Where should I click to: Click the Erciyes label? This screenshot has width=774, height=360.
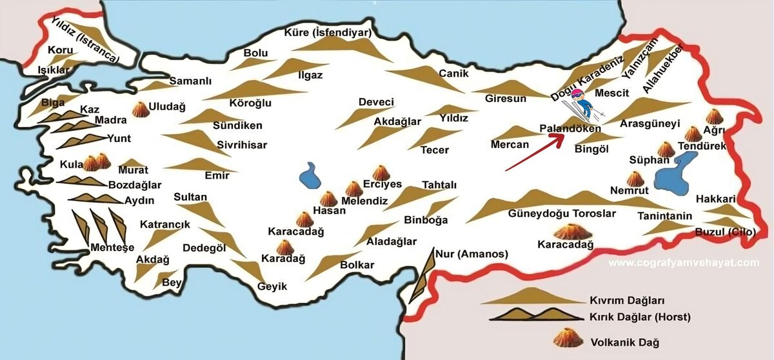coord(382,185)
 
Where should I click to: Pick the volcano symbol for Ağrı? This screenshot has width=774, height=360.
coord(713,117)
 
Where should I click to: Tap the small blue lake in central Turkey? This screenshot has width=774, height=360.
coord(310,176)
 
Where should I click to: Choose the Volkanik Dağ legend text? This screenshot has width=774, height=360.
coord(624,341)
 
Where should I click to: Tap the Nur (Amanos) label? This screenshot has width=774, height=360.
coord(471,254)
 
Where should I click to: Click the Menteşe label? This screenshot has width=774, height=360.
coord(111,247)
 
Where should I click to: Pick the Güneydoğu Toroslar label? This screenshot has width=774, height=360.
coord(561,214)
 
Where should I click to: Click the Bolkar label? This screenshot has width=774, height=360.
coord(357,265)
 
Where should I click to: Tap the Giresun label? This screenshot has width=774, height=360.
coord(506,99)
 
